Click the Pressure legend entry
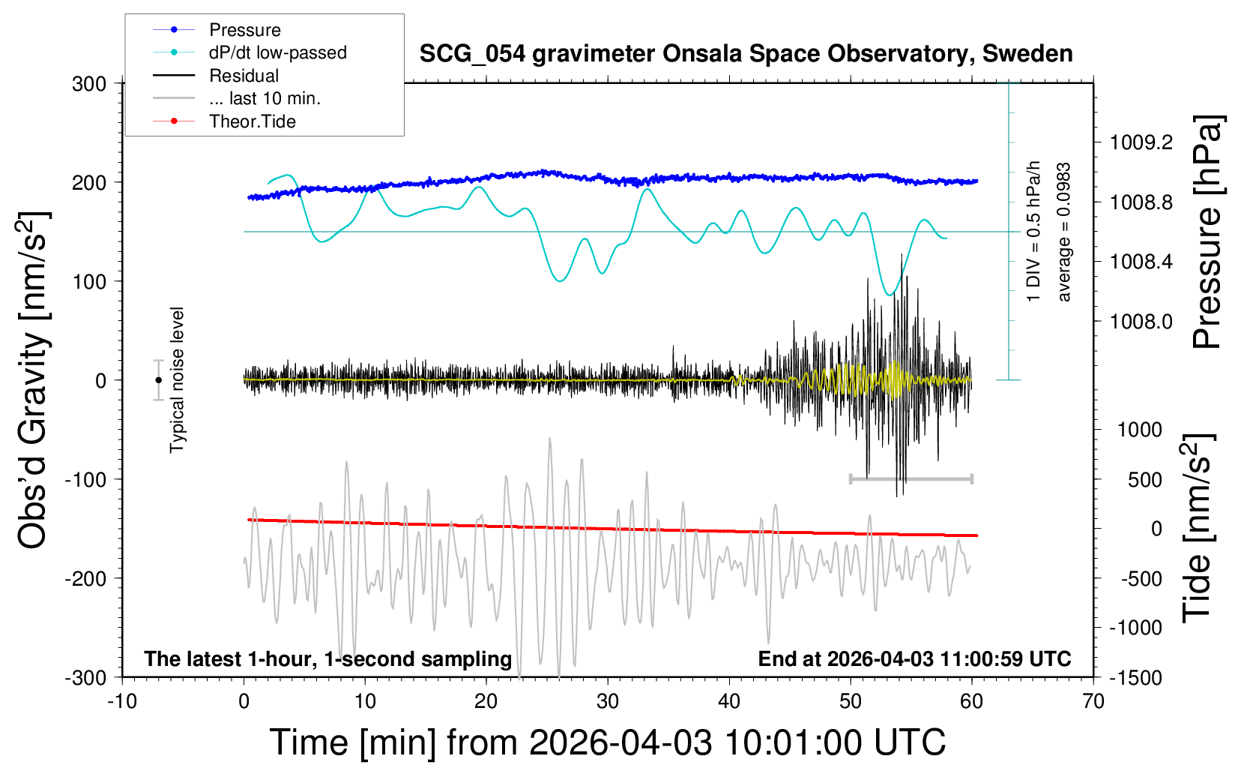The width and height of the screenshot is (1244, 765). coord(244,30)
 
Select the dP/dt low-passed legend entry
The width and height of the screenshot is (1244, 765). coord(277,52)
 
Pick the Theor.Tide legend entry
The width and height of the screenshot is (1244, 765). coord(252,121)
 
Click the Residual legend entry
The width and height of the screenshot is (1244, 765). coord(244,76)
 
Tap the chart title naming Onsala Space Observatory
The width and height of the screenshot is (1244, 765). coord(746,54)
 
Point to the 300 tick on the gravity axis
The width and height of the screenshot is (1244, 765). coord(89,84)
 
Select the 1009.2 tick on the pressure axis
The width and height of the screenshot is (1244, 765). coord(1141,142)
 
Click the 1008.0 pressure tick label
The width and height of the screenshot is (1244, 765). coord(1141,322)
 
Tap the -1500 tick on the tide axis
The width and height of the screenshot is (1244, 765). coord(1135,678)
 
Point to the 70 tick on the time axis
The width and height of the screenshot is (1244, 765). coord(1093,702)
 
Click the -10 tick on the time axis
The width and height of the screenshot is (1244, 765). coord(122,702)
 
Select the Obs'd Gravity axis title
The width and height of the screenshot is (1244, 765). coord(34,380)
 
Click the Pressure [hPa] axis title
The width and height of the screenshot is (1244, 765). coord(1207,232)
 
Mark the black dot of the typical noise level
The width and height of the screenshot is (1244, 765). coord(158,380)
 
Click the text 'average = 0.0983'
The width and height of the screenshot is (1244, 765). coord(1064,232)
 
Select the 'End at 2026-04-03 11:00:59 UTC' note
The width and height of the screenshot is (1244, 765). coord(914,659)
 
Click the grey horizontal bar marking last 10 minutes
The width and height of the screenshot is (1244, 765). coord(911,478)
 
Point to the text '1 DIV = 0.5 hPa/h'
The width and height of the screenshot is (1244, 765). coord(1034,231)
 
